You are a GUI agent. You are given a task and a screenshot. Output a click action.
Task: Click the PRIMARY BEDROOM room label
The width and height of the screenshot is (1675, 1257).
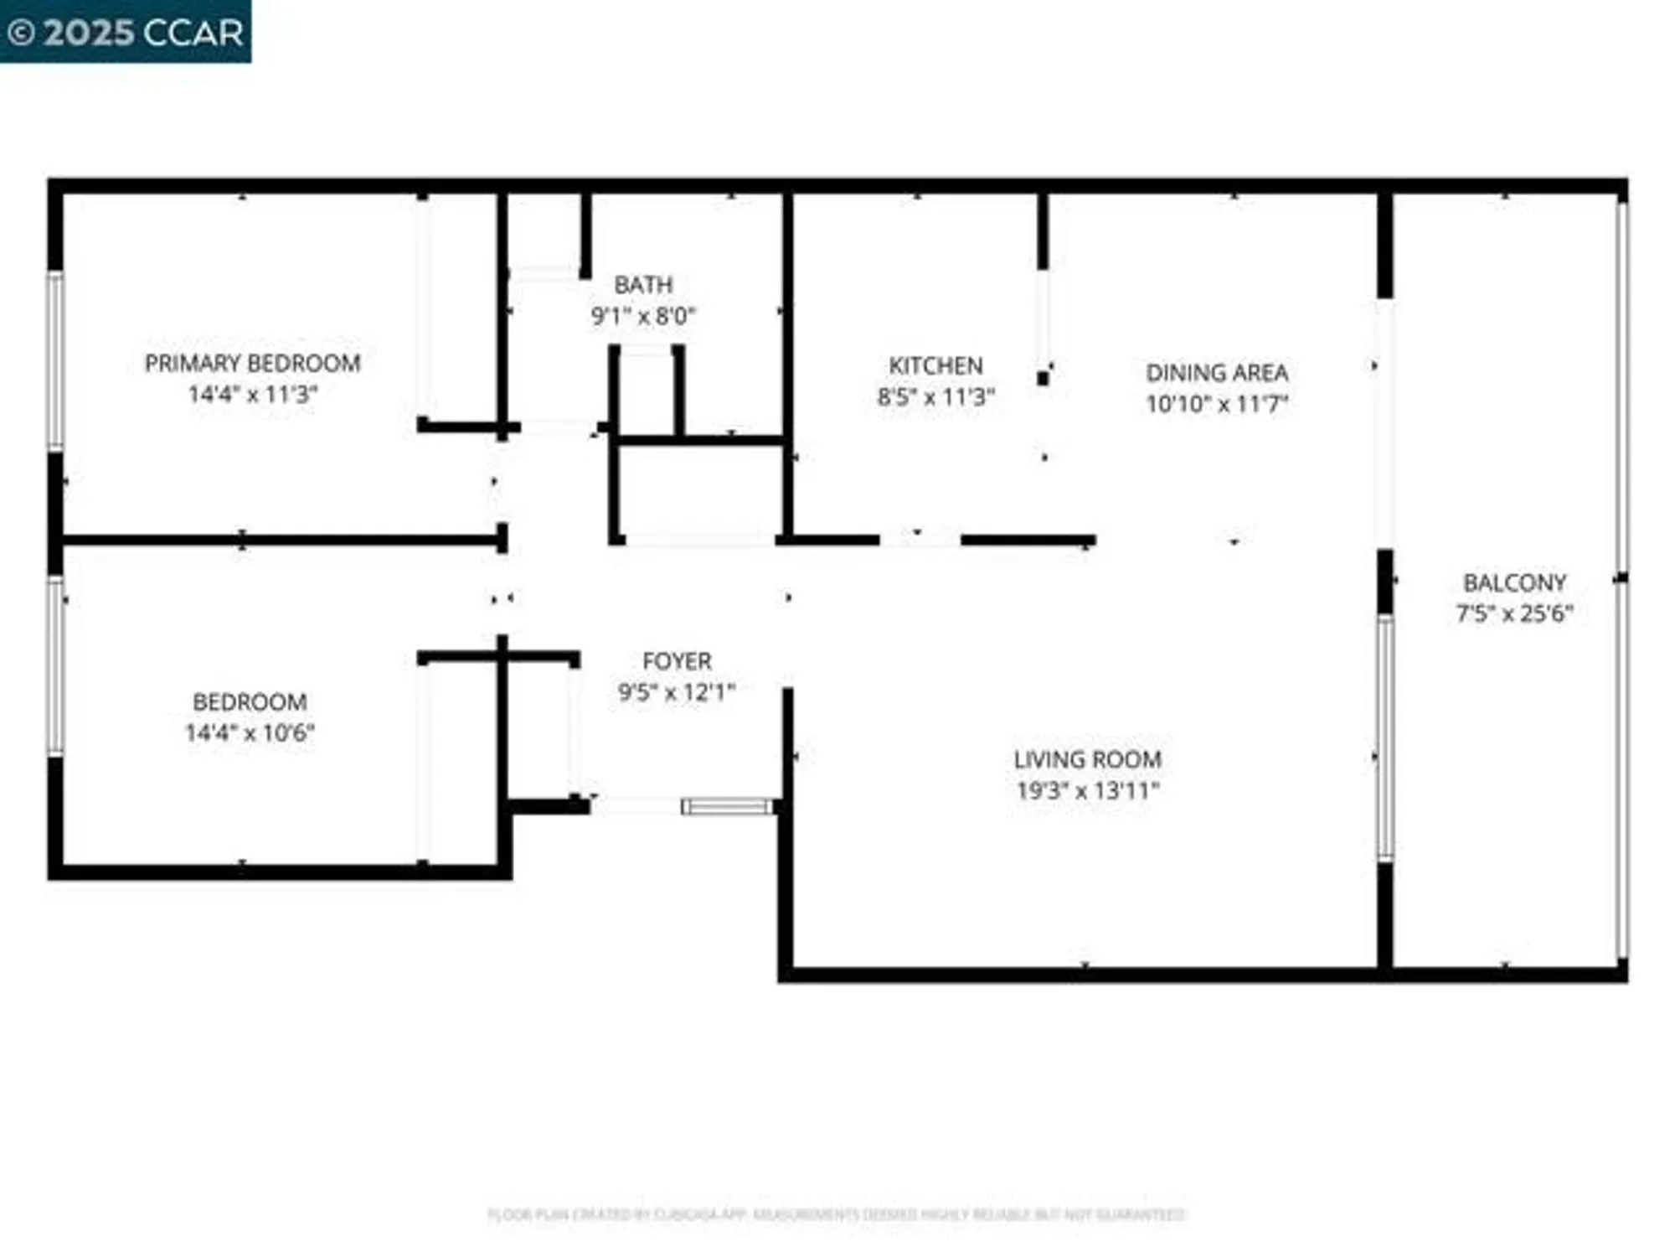point(252,363)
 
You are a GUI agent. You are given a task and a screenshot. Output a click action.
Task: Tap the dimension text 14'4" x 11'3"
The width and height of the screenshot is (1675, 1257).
point(252,394)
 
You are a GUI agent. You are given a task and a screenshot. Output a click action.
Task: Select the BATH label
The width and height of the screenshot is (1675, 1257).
point(642,285)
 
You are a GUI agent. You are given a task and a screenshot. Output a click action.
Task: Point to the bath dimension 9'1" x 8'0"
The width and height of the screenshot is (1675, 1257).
point(642,316)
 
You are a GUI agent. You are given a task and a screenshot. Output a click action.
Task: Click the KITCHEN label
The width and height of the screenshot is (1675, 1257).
point(935,365)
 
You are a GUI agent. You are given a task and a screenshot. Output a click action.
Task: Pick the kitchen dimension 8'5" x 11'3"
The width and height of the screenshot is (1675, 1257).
point(935,396)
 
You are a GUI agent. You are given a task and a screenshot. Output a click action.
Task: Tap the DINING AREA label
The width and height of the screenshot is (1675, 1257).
point(1216,372)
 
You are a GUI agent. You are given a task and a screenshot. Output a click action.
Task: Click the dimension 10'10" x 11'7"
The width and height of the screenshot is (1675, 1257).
point(1216,404)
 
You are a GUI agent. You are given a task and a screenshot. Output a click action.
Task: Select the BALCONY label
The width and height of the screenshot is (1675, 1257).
point(1513,582)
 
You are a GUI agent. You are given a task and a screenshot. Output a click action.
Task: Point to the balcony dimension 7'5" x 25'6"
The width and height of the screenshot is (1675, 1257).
point(1513,613)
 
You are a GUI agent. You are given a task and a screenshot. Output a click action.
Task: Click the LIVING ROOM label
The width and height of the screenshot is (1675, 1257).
point(1087,759)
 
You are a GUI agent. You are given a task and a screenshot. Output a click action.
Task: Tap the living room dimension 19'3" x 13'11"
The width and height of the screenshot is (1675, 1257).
point(1087,790)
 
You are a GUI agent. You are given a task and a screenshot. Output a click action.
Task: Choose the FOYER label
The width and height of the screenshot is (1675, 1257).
point(677,661)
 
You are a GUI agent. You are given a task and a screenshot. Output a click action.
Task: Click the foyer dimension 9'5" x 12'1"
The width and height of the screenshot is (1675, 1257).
point(677,692)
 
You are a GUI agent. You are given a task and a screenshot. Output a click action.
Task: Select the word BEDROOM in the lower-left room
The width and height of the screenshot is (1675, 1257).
point(250,701)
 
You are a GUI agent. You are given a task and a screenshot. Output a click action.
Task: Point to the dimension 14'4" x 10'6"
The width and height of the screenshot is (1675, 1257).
point(250,732)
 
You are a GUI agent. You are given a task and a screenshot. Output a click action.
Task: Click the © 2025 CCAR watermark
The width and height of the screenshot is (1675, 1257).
point(126,32)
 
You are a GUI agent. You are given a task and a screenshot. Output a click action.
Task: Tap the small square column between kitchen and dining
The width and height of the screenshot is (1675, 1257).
point(1043,378)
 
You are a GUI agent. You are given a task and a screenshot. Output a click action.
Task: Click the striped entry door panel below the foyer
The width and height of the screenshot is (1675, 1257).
point(727,806)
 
